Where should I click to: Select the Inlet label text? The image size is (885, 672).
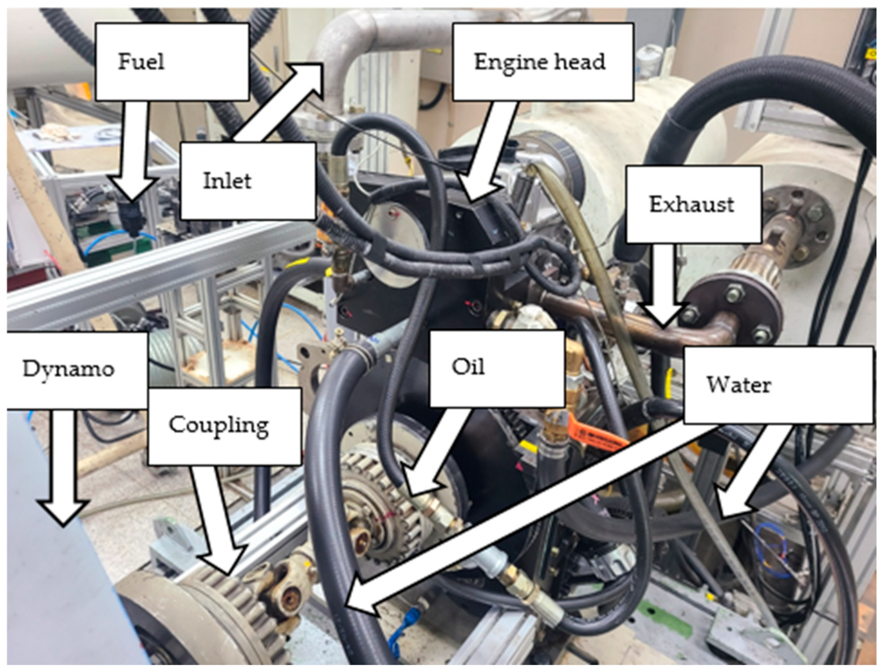point(227,181)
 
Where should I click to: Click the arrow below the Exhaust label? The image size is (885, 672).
point(662,288)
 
